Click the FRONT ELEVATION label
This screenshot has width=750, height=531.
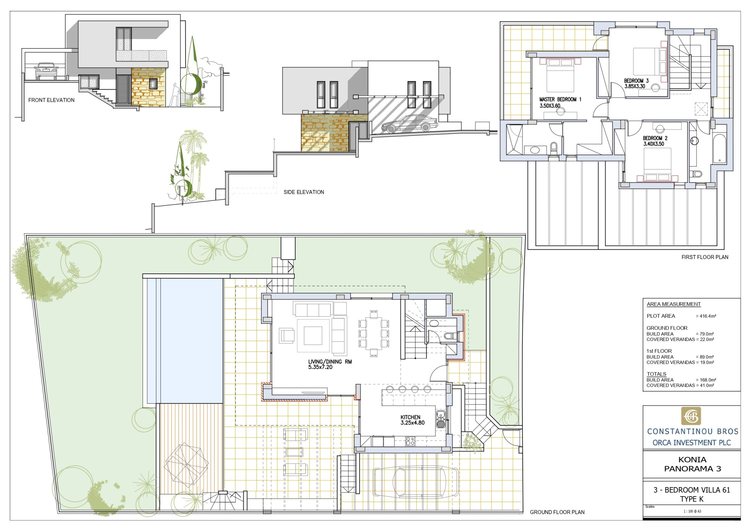click(x=51, y=100)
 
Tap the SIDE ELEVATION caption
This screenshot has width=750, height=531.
click(x=304, y=192)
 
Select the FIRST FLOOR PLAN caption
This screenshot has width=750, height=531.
click(x=705, y=257)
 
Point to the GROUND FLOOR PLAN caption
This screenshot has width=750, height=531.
click(x=557, y=512)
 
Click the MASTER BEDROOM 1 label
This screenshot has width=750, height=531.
click(x=560, y=100)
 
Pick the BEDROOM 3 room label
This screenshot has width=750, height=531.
click(x=636, y=81)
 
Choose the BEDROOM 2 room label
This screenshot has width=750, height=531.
click(x=655, y=138)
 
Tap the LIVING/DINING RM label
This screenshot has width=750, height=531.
click(x=330, y=362)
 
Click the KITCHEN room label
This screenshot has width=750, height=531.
click(x=411, y=417)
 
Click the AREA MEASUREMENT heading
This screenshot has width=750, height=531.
click(x=673, y=304)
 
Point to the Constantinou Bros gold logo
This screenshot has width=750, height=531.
click(x=691, y=416)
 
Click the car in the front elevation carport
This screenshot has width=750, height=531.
click(x=46, y=71)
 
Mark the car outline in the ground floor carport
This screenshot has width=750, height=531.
click(x=415, y=483)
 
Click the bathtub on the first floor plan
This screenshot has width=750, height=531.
click(x=720, y=149)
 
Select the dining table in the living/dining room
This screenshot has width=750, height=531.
click(x=373, y=333)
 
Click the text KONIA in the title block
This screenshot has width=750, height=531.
click(x=692, y=460)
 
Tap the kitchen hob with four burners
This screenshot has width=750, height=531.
click(x=410, y=441)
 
